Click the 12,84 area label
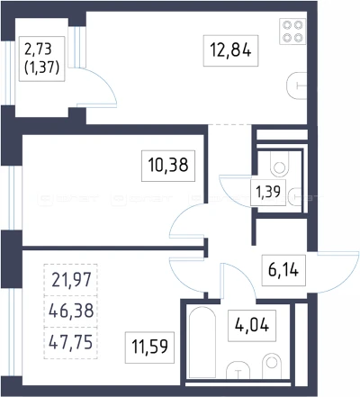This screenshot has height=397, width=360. point(230,50)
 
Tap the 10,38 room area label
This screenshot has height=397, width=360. point(168,166)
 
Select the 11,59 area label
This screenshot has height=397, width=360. point(149,347)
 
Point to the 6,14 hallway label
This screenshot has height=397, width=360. point(283,270)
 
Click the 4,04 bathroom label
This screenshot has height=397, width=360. point(252,326)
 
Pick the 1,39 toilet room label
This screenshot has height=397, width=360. point(268,192)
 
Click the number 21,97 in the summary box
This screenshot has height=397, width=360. point(71,280)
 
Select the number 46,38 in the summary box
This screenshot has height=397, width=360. point(71,311)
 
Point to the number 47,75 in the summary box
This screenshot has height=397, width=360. point(71,342)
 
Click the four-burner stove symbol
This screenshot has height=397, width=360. point(292,32)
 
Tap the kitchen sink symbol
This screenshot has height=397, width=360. point(297,86)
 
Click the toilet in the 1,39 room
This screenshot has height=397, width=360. point(280,164)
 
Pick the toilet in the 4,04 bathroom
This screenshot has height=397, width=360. point(272,365)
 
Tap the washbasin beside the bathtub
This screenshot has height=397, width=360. point(238,370)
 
